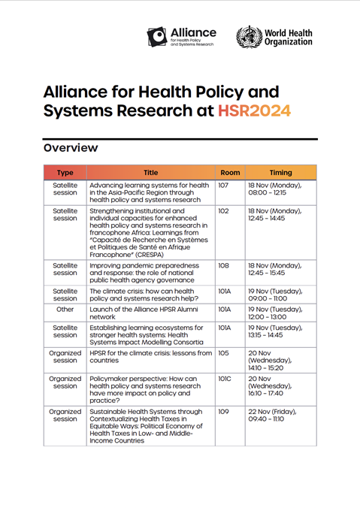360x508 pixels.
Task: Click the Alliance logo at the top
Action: point(181,37)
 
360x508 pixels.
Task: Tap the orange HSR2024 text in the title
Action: point(254,111)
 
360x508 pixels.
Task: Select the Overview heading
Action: point(70,148)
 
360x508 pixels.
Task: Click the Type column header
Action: point(65,173)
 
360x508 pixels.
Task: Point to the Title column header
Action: point(150,173)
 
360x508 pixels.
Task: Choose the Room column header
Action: point(229,173)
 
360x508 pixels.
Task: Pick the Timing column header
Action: point(280,173)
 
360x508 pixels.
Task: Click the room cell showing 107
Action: point(223,185)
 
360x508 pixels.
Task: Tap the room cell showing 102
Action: point(223,212)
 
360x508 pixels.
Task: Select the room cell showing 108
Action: point(223,265)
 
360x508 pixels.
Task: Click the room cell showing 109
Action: point(223,412)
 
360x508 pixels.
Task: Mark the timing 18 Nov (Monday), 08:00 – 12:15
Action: point(275,189)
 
